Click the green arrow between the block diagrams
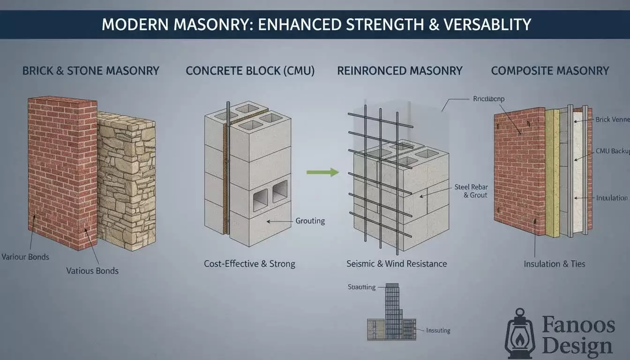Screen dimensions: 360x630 (322, 172)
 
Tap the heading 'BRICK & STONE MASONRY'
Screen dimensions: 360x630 (91, 71)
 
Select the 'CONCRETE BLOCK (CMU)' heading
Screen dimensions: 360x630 (250, 71)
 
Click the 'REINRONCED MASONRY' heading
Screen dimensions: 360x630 (400, 71)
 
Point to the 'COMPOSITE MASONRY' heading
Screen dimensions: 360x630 (550, 71)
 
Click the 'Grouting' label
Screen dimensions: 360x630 (310, 221)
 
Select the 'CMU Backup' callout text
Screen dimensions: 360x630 (611, 151)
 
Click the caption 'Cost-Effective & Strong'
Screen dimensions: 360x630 (249, 264)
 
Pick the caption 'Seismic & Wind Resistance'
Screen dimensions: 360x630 (397, 264)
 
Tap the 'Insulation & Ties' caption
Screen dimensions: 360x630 (555, 264)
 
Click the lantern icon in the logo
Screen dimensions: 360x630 (520, 333)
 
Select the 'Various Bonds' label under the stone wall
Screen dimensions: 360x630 (92, 270)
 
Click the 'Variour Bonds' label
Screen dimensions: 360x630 (25, 257)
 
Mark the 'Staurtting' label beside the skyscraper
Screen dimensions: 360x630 (361, 287)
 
